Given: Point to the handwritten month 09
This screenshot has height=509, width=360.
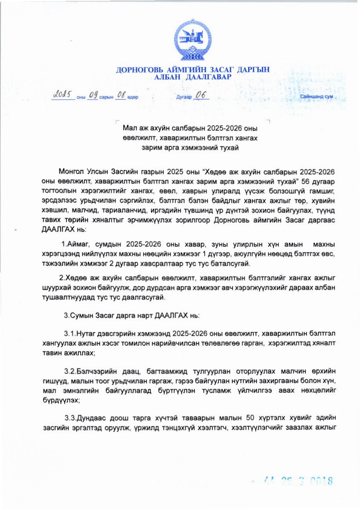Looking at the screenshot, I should [x=93, y=95].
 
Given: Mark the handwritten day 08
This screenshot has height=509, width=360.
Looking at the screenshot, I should [x=120, y=95].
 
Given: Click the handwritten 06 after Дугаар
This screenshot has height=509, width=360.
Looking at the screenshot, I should [x=202, y=95].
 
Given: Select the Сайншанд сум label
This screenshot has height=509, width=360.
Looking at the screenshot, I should [x=316, y=97].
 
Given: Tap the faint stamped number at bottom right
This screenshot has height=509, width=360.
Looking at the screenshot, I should [x=299, y=481].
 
